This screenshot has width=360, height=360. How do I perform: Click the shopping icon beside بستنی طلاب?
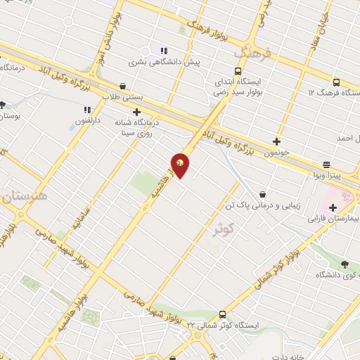tap(123, 86)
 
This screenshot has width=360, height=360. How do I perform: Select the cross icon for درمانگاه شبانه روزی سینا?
tap(137, 111)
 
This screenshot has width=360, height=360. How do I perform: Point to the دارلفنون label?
tap(89, 121)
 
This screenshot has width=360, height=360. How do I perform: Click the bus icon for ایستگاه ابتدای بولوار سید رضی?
tap(238, 70)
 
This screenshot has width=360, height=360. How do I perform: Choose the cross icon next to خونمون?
tap(276, 141)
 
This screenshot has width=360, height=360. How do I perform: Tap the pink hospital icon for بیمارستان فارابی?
tap(331, 209)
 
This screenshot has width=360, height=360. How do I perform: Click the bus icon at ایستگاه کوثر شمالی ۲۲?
tap(222, 314)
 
